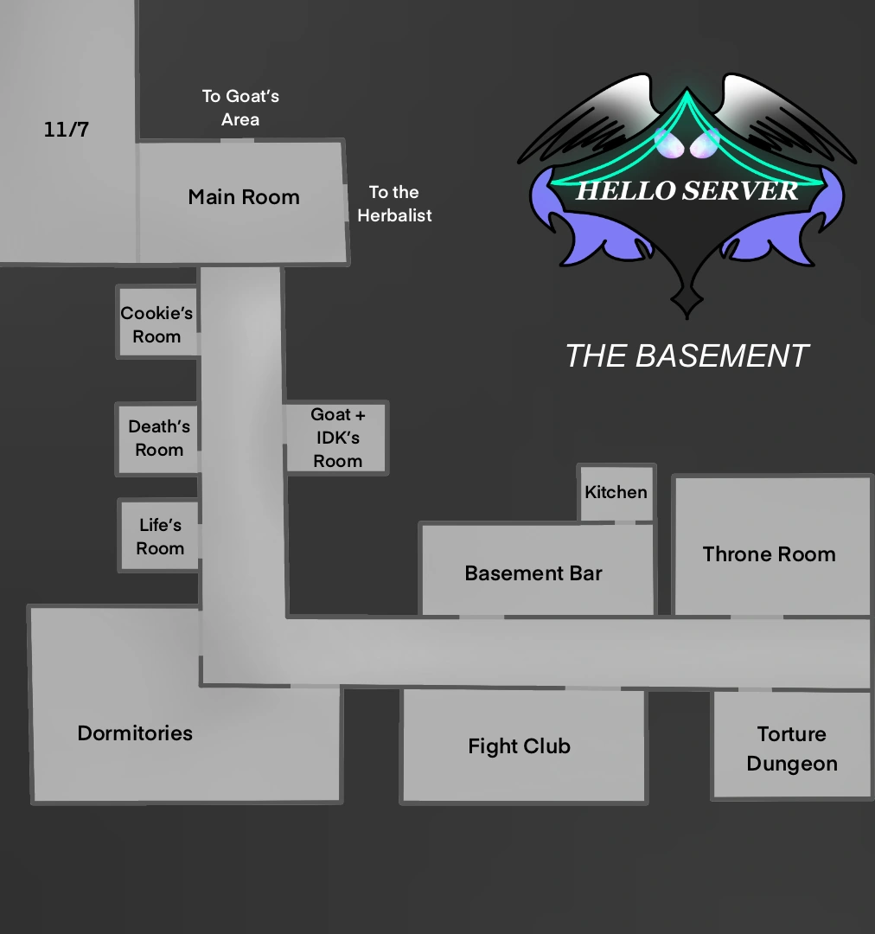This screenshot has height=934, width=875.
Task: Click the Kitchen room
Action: (616, 492)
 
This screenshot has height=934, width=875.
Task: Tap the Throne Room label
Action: (769, 554)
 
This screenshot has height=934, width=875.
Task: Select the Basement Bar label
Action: (533, 573)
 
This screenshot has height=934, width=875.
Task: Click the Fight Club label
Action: (519, 746)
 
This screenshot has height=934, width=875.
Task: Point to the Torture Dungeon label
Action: (792, 749)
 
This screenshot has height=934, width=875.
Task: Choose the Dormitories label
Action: (135, 733)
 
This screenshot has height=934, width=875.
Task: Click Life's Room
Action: (160, 536)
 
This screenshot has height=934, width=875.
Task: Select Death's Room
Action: (159, 438)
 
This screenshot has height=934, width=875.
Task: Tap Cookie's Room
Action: (156, 324)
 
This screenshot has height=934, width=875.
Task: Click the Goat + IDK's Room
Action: (337, 438)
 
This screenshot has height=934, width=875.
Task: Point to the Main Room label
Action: (244, 197)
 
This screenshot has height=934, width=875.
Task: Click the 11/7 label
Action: (67, 131)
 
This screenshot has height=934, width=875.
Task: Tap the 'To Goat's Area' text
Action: (240, 107)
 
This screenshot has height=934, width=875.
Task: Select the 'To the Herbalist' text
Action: (394, 203)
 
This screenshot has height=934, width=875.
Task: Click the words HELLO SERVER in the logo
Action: (687, 191)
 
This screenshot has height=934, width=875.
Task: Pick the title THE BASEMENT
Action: (687, 355)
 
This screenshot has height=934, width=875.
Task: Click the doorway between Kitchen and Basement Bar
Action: (624, 522)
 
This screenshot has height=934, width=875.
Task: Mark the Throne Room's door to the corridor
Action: (757, 617)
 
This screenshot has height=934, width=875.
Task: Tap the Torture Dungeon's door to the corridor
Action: (754, 689)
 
